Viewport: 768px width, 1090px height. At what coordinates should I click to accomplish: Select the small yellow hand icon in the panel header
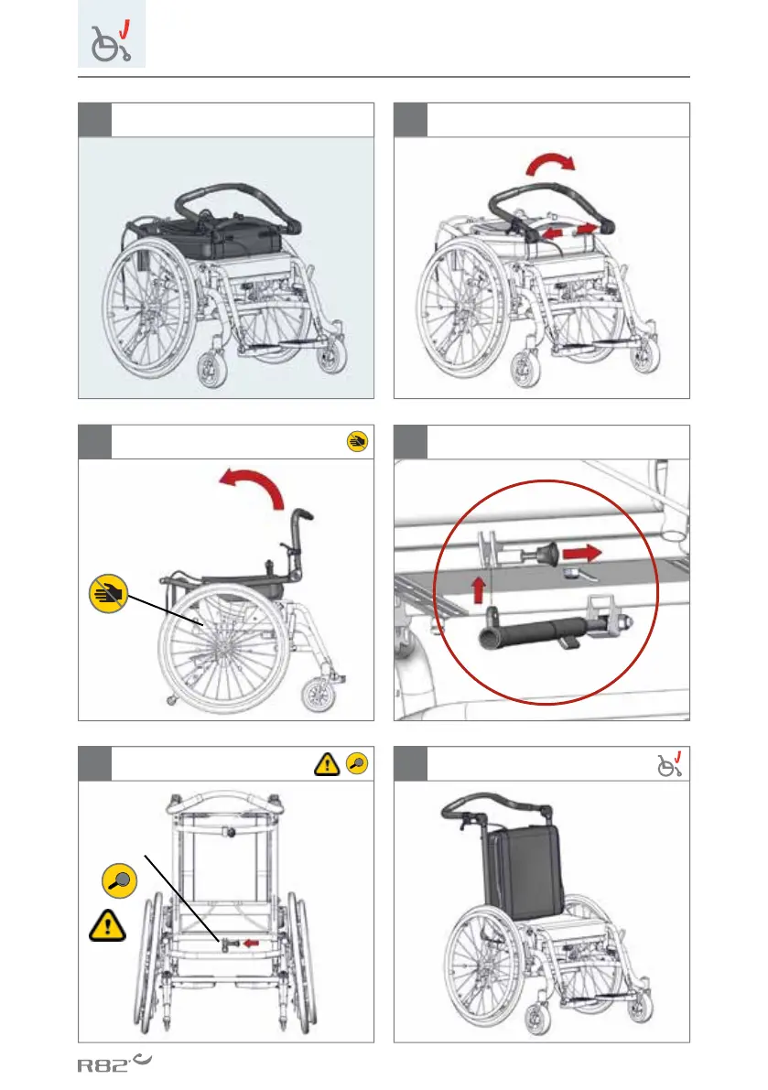[357, 441]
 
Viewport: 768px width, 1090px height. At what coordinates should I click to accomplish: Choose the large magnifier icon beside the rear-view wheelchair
[123, 880]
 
